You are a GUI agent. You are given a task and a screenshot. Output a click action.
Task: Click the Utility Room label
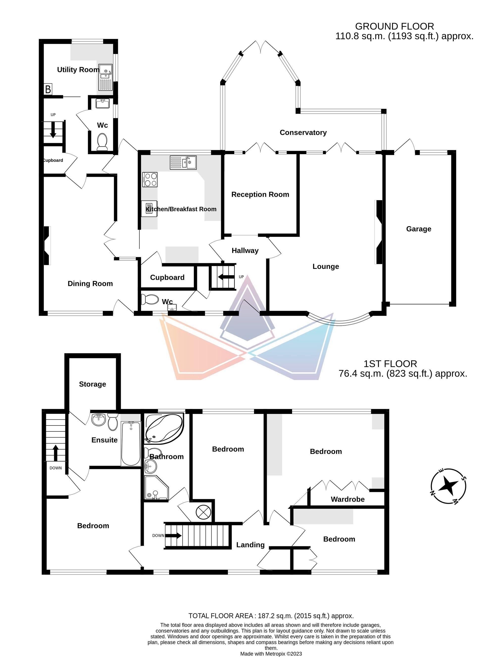click(x=78, y=70)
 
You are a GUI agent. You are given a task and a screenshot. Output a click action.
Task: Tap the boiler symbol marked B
click(x=48, y=89)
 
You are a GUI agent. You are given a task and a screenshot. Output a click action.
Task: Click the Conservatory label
click(x=303, y=132)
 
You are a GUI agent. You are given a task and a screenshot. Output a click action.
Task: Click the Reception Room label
click(x=260, y=194)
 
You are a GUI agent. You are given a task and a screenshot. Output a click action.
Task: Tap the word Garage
click(x=419, y=229)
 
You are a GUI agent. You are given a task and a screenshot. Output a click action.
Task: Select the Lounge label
click(x=326, y=266)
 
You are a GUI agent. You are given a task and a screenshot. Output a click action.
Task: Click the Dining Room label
click(x=90, y=283)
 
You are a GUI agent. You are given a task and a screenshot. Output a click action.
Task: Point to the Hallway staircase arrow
click(x=226, y=277)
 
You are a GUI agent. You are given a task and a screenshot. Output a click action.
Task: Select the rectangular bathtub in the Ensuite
click(x=131, y=443)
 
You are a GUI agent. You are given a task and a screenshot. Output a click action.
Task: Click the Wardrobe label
click(x=348, y=499)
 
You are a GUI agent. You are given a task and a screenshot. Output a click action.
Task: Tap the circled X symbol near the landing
click(x=203, y=511)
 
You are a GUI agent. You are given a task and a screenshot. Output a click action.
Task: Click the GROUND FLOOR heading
click(x=394, y=26)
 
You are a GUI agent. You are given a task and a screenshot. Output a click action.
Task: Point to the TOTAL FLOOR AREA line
click(x=271, y=616)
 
